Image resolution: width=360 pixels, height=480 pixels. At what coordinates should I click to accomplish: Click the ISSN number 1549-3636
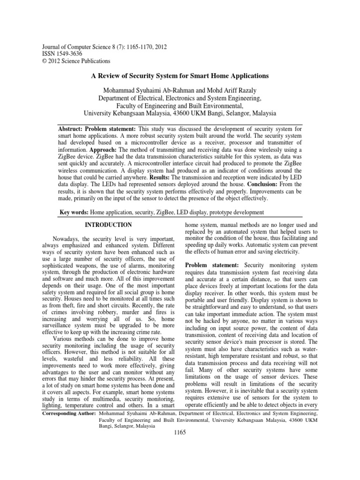pos(69,54)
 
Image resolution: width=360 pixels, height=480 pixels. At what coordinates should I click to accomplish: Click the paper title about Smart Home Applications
pos(180,75)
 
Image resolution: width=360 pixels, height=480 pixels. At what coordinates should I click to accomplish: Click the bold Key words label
pos(74,213)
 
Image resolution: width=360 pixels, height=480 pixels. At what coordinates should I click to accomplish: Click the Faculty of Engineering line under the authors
pos(180,105)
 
